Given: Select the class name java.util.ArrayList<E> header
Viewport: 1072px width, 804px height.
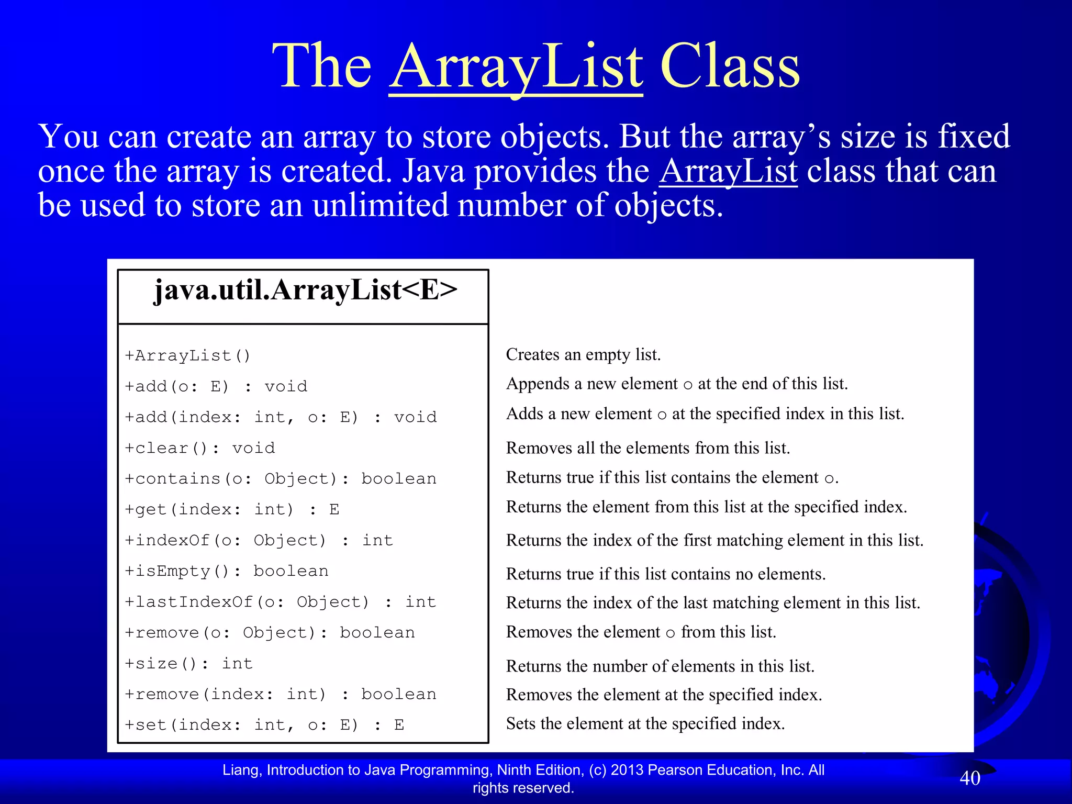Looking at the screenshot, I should point(305,291).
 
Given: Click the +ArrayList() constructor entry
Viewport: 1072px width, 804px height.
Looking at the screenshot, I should point(187,356).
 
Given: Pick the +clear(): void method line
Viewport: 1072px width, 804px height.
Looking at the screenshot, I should point(199,448).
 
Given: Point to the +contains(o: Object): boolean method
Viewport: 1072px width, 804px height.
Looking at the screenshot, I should point(280,479).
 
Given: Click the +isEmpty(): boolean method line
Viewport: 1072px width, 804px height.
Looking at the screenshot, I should point(226,571).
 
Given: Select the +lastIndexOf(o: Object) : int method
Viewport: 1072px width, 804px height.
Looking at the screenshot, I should point(280,602).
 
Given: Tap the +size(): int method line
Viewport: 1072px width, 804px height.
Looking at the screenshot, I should point(188,664).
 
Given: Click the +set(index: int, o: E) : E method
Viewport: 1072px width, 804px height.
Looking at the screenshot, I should point(264,725).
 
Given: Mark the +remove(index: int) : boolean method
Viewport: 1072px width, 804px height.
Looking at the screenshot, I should point(280,694).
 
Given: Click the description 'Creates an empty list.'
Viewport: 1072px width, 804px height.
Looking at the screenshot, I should point(583,355).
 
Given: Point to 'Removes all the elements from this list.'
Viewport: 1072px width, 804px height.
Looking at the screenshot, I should point(647,448).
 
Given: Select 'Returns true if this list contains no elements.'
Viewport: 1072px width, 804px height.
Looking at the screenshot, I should point(665,574).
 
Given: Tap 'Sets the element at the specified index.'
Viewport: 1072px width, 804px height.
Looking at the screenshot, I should point(645,723).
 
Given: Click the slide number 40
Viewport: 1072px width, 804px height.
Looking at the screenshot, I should point(969,778).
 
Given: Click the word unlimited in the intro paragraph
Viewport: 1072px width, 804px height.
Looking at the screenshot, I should point(380,205).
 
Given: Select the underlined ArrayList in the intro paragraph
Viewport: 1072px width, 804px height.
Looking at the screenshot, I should point(728,171).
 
